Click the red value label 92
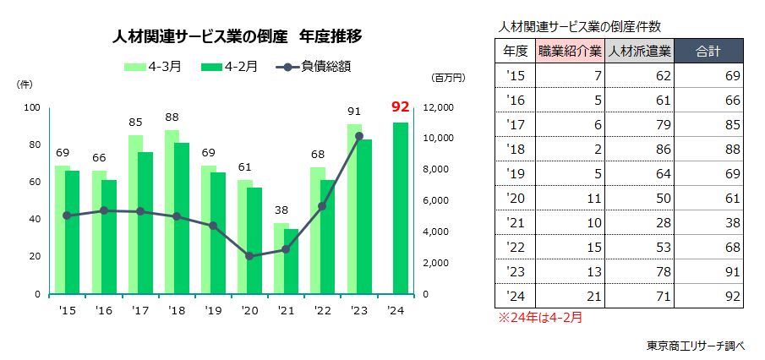401,107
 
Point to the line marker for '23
358,136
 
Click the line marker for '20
249,255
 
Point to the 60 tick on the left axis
34,182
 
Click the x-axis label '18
177,311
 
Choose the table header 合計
708,52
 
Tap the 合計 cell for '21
709,223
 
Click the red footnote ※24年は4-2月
538,319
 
